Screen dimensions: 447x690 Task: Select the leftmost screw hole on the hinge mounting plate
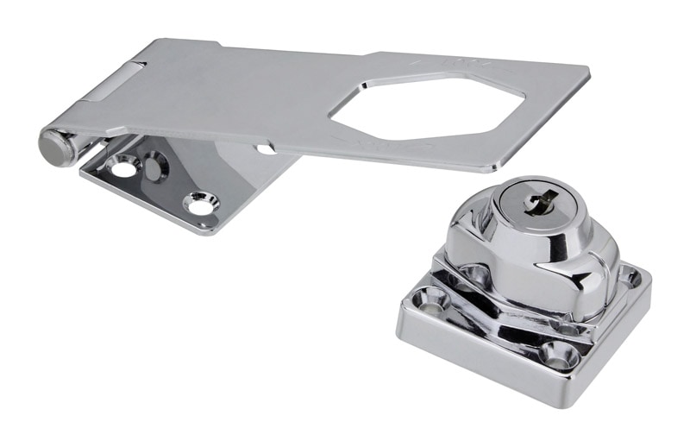[123, 166]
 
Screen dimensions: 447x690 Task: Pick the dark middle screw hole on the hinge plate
[155, 166]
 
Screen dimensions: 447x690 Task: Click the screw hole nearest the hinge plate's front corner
[200, 205]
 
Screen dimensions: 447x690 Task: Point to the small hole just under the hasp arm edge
[267, 149]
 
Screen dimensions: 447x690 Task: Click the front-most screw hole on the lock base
[556, 354]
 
